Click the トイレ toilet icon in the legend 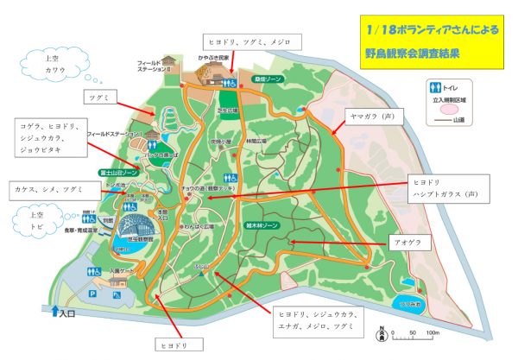433,87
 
